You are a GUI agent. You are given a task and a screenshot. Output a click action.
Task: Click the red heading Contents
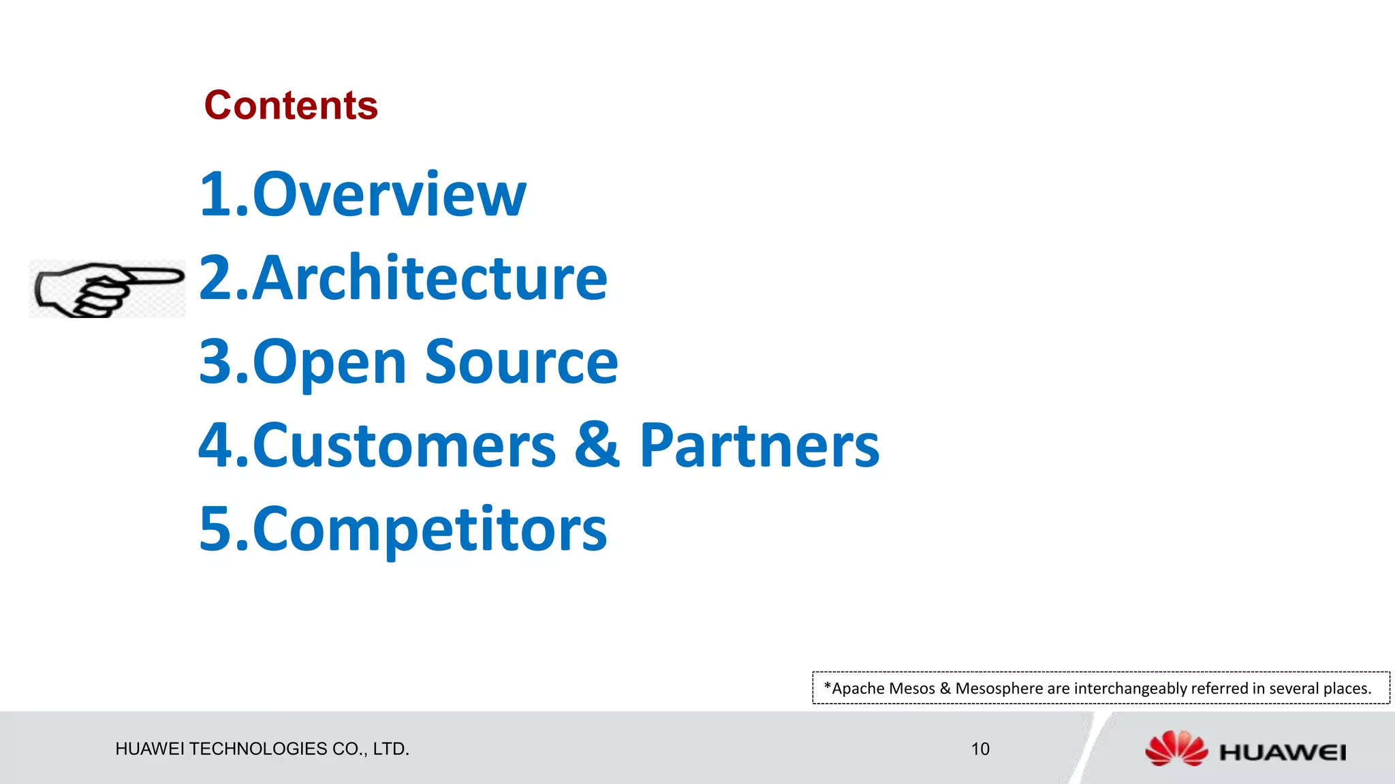tap(291, 106)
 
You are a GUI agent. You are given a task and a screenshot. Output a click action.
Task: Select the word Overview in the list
tap(389, 195)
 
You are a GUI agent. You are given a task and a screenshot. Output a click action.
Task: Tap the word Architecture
tap(430, 278)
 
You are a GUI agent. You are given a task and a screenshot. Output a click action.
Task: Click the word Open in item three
tap(330, 363)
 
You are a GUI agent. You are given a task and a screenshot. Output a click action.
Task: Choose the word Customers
tap(405, 446)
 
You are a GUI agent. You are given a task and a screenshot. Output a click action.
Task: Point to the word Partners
tap(759, 446)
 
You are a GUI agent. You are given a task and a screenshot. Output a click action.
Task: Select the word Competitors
tap(430, 530)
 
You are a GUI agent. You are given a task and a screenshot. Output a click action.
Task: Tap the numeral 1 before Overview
tap(216, 195)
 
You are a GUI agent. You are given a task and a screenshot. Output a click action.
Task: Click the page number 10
tap(979, 749)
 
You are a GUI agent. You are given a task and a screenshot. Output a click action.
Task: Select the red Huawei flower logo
tap(1176, 749)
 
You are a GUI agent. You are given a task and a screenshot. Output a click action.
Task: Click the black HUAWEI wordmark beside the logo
tap(1282, 753)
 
